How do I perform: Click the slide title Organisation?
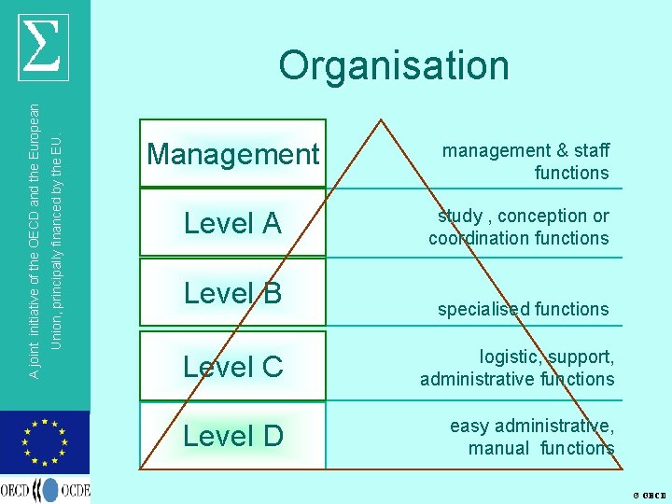point(394,65)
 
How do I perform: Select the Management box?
point(232,154)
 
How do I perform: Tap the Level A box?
point(232,223)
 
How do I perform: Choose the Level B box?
point(232,293)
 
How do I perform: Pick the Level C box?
point(232,366)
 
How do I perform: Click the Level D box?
point(232,435)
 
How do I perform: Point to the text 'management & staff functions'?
point(525,161)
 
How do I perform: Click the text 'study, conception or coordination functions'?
point(519,227)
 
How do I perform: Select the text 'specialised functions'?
point(523,309)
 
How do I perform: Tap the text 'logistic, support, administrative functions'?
point(517,368)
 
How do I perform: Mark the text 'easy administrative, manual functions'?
point(532,437)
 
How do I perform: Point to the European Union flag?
point(45,442)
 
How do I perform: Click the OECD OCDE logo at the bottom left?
point(45,489)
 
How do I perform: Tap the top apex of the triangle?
point(380,119)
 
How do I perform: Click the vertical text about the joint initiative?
point(45,229)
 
